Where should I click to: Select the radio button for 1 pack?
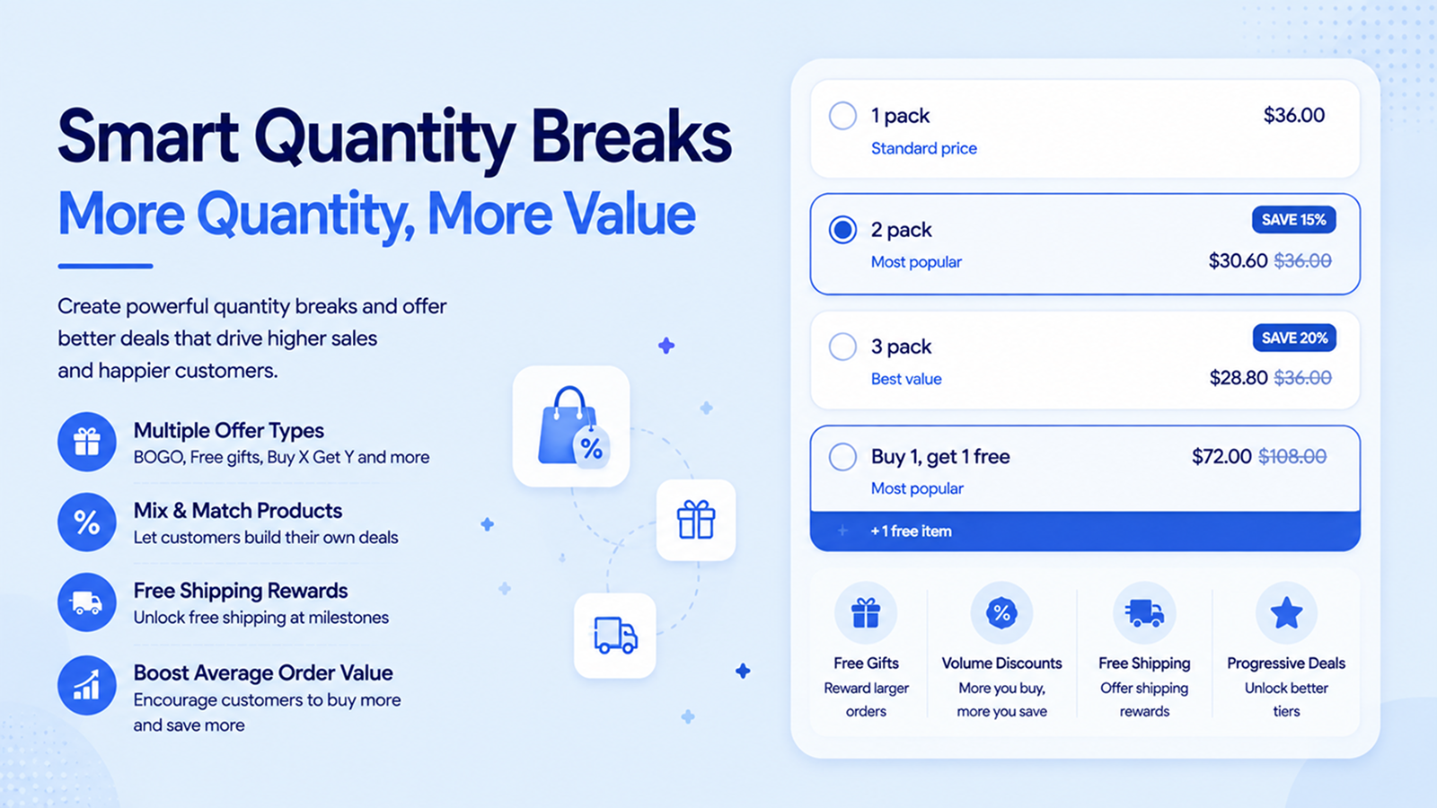tap(842, 116)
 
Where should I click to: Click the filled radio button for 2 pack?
tap(842, 230)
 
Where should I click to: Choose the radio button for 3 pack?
tap(842, 347)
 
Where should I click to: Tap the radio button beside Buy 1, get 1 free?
tap(842, 457)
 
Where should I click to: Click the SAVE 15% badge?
tap(1293, 220)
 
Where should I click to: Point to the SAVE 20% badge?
tap(1294, 338)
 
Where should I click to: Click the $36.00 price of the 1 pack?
tap(1293, 116)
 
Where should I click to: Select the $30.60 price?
tap(1238, 261)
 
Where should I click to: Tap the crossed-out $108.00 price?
tap(1292, 457)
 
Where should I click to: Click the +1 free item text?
tap(911, 531)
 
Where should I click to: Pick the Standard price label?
tap(924, 149)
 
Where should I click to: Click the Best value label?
tap(906, 379)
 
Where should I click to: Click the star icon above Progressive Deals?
tap(1286, 612)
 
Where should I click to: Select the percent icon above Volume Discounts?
tap(1001, 613)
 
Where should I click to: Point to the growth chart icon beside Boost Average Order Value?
tap(86, 685)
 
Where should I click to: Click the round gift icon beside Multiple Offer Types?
tap(86, 442)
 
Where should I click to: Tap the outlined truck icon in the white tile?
tap(615, 636)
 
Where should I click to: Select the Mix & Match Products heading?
tap(237, 511)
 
